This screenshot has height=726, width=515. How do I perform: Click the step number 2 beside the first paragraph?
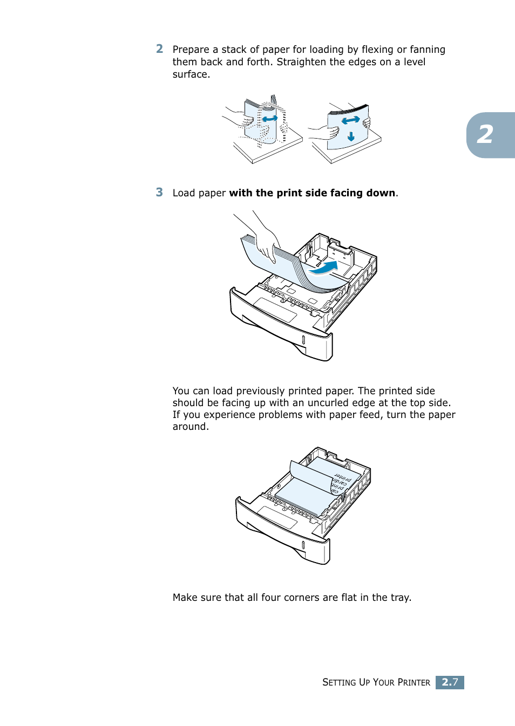point(159,49)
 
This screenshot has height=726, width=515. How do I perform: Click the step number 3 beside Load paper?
point(159,193)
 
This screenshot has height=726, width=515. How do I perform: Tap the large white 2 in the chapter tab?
point(485,135)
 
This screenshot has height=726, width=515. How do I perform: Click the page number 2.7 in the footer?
point(450,682)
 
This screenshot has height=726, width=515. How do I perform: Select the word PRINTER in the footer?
point(414,682)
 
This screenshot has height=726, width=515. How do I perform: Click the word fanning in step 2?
point(427,50)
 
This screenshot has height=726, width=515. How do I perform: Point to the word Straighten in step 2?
point(301,62)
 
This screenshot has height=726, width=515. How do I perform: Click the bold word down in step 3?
point(381,193)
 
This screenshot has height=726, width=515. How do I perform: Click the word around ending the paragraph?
point(189,427)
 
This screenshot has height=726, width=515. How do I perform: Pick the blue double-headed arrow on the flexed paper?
point(269,119)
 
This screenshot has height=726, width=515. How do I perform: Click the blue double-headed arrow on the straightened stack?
point(350,120)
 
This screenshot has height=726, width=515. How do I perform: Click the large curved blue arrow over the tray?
point(326,268)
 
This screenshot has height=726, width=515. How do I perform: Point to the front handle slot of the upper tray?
point(303,340)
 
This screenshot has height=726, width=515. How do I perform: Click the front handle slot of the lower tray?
point(303,545)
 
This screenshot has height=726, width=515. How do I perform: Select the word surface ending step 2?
point(190,74)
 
